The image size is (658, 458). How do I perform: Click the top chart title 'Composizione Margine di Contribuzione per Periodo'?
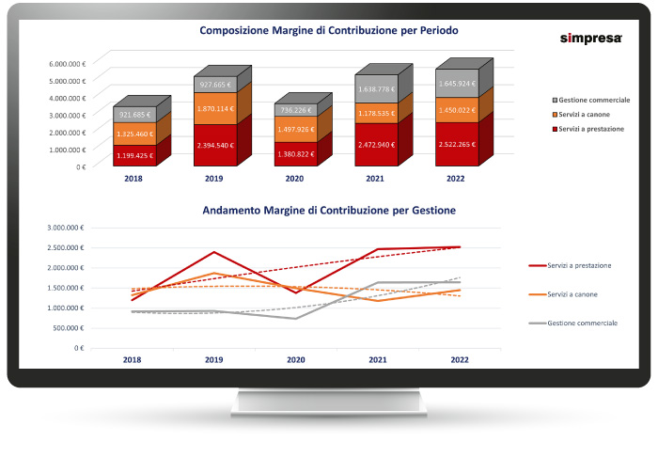(329, 30)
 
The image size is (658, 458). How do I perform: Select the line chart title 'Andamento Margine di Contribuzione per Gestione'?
(329, 211)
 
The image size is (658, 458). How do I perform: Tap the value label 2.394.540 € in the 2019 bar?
(222, 145)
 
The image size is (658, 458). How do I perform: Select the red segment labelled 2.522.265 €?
(462, 145)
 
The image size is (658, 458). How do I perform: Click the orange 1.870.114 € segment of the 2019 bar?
(222, 109)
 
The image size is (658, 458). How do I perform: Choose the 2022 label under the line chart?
(461, 359)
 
